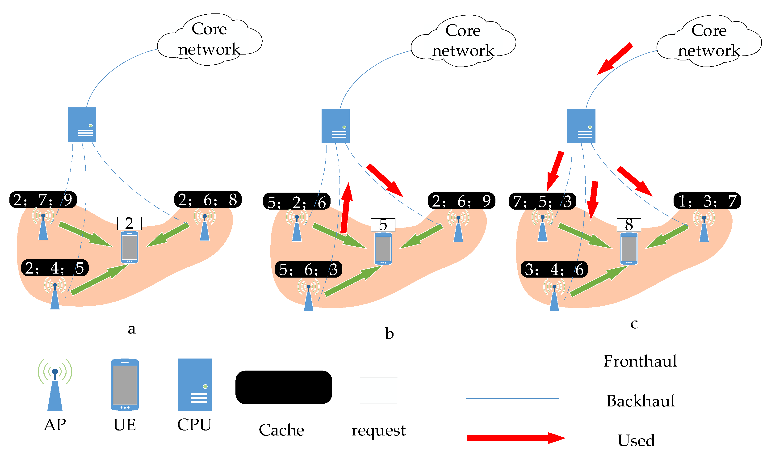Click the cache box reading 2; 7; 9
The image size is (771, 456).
click(x=43, y=200)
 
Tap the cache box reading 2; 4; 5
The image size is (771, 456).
click(x=55, y=268)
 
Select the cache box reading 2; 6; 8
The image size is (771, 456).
click(x=208, y=199)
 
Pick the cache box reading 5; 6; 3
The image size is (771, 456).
click(x=308, y=270)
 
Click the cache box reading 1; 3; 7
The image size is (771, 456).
click(x=707, y=201)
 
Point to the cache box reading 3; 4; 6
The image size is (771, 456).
click(x=554, y=270)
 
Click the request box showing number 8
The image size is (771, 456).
click(x=629, y=225)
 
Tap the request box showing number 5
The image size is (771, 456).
click(x=383, y=225)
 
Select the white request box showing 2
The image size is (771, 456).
click(x=129, y=223)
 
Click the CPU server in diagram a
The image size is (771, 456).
click(x=82, y=124)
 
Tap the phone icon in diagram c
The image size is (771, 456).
click(x=629, y=249)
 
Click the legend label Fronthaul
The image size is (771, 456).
click(x=640, y=361)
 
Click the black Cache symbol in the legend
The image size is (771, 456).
click(x=283, y=387)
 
